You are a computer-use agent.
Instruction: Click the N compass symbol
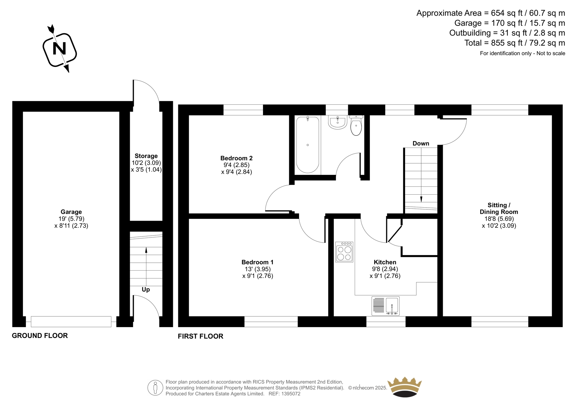pos(60,49)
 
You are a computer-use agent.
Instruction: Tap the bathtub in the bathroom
pos(308,145)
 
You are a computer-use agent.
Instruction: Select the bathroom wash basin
pos(337,122)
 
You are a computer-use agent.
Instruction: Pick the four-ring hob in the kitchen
pos(344,252)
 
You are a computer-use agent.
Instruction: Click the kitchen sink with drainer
pos(385,306)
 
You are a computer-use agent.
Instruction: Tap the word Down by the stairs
pos(421,144)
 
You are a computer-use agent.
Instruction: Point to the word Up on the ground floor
pos(146,290)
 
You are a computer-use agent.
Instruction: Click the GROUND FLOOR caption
pos(40,335)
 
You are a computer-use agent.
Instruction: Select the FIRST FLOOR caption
pos(201,336)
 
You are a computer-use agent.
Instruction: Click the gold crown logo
pos(405,387)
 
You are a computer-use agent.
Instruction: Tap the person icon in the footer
pos(155,388)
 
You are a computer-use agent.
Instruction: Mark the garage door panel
pos(71,322)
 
